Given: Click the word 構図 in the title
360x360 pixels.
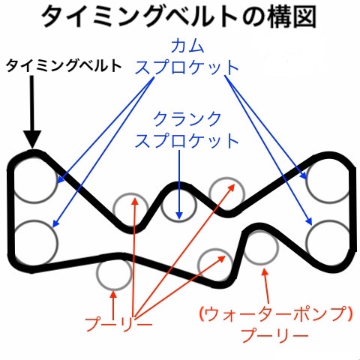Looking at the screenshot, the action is click(292, 16).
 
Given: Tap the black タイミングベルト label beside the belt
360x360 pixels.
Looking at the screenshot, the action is click(64, 66).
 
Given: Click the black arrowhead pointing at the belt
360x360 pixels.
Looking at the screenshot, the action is click(32, 139).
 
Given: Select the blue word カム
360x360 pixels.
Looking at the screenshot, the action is click(187, 46).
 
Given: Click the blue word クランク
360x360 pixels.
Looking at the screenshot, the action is click(187, 119).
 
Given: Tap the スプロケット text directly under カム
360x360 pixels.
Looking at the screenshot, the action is click(187, 67).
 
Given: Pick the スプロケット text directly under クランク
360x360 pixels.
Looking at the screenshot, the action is click(187, 141).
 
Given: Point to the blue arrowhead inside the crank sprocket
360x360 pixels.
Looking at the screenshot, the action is click(179, 215).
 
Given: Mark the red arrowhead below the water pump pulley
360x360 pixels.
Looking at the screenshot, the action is click(265, 271).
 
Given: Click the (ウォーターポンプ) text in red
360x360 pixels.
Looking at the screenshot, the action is click(276, 314).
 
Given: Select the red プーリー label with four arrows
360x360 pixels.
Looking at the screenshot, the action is click(118, 324).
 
